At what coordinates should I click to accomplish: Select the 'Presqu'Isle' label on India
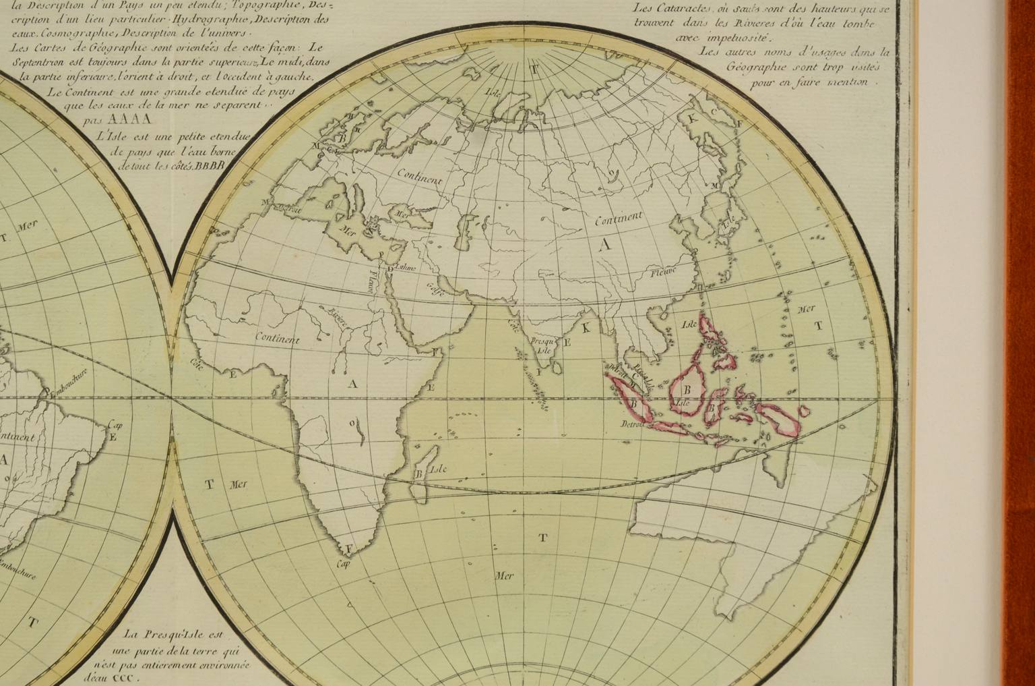(x=540, y=345)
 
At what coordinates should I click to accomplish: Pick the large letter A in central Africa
(x=350, y=384)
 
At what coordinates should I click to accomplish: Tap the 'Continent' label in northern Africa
(x=277, y=339)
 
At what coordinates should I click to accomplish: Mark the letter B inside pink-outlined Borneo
(x=687, y=390)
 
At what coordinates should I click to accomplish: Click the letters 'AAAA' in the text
(x=133, y=120)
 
